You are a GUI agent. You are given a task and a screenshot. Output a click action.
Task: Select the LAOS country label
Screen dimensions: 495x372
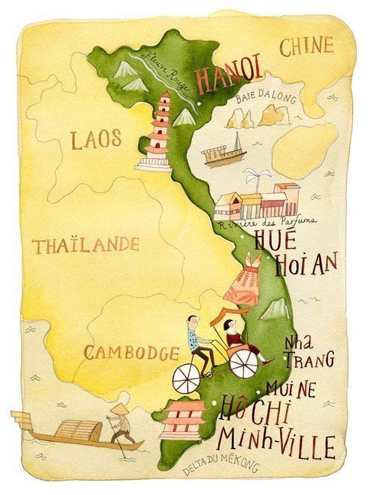click(x=94, y=138)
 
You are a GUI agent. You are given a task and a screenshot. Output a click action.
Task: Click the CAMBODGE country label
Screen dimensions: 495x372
click(x=131, y=352)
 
